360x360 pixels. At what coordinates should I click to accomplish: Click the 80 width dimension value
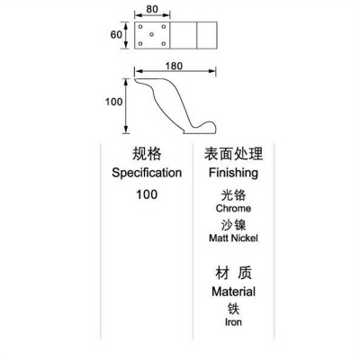pos(152,9)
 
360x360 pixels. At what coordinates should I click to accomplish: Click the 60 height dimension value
pos(116,35)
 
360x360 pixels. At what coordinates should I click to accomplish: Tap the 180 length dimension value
pos(174,66)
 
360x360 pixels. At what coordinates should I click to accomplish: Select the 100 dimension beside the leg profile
pos(113,102)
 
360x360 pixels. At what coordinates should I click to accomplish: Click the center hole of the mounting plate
pos(151,34)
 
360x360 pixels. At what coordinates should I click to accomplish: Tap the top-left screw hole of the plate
pos(140,27)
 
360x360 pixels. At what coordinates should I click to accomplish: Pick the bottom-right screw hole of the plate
pos(164,44)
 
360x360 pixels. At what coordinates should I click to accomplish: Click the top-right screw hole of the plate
pos(164,27)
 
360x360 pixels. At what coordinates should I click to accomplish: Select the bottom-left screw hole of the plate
pos(140,44)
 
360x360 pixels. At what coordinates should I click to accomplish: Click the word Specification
pos(147,173)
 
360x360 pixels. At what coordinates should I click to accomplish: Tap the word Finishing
pos(233,173)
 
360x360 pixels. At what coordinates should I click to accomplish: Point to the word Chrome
pos(233,208)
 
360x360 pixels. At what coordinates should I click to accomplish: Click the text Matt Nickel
pos(233,238)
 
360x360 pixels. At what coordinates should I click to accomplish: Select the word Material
pos(233,292)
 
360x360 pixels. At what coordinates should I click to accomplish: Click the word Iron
pos(233,322)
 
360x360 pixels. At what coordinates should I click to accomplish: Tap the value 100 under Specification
pos(147,194)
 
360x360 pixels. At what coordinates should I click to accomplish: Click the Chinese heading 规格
pos(147,154)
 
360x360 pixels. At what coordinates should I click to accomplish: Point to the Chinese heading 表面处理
pos(233,154)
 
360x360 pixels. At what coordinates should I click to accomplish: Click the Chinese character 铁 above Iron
pos(233,309)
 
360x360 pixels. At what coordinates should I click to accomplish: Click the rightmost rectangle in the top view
pos(207,35)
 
